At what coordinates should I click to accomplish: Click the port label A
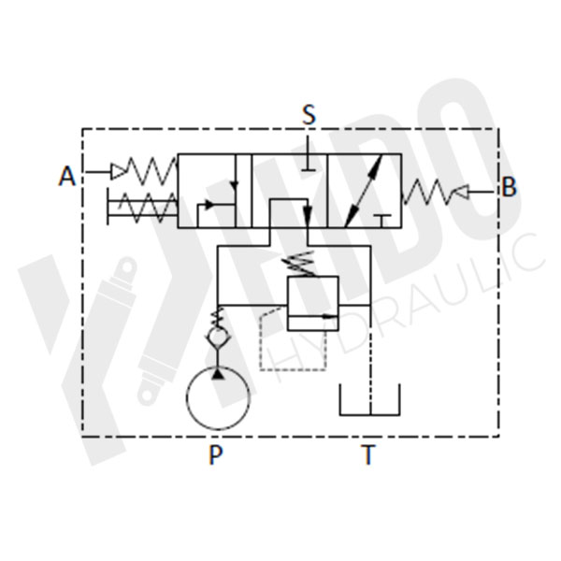point(67,176)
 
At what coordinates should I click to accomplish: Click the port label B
point(509,187)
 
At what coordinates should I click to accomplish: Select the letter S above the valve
point(309,115)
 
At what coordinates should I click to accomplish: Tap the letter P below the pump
point(216,455)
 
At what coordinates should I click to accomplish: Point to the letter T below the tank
point(368,455)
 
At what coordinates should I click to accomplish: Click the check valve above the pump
point(217,335)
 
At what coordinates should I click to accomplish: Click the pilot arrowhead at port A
point(118,170)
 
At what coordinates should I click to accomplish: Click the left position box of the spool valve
point(215,192)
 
